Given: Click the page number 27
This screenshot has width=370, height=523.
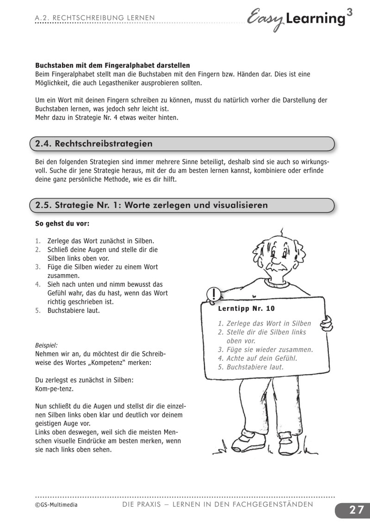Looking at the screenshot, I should tap(356, 510).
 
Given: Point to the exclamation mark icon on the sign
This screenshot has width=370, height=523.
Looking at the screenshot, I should tap(213, 294).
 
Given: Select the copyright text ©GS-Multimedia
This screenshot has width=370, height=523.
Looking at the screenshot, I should tap(56, 505).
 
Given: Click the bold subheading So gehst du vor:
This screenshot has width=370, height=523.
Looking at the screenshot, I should tap(62, 223).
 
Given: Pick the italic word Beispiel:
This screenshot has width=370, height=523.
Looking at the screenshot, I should tap(46, 345).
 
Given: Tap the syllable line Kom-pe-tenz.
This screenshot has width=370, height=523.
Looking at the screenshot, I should tap(54, 389).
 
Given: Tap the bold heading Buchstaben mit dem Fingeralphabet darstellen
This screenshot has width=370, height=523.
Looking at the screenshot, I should tap(112, 66).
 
